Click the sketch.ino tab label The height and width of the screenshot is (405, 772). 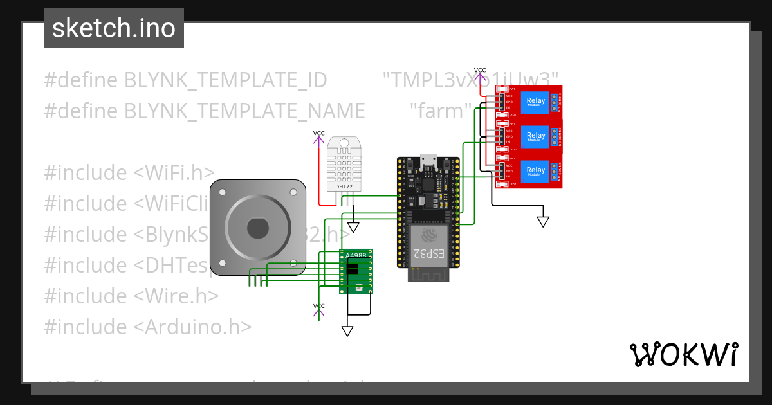[114, 28]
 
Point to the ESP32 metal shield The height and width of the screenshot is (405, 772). [428, 245]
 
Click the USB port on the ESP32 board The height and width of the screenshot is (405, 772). [428, 162]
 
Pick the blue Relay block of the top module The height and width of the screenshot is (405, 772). [536, 100]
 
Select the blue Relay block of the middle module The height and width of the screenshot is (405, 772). [536, 135]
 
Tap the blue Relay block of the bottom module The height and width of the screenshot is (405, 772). [536, 170]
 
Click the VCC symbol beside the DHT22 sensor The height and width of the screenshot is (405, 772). [318, 138]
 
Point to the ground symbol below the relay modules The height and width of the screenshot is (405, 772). [543, 221]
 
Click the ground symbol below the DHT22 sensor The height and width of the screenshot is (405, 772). [353, 227]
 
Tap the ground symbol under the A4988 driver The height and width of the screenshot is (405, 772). [347, 331]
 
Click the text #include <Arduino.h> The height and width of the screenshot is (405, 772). [147, 327]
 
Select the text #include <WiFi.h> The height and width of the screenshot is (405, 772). [129, 172]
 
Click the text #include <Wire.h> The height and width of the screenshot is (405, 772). [131, 296]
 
